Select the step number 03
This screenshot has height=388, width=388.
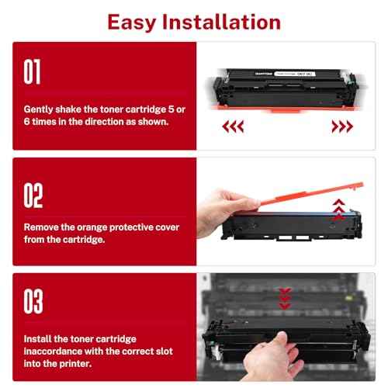point(33,302)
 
